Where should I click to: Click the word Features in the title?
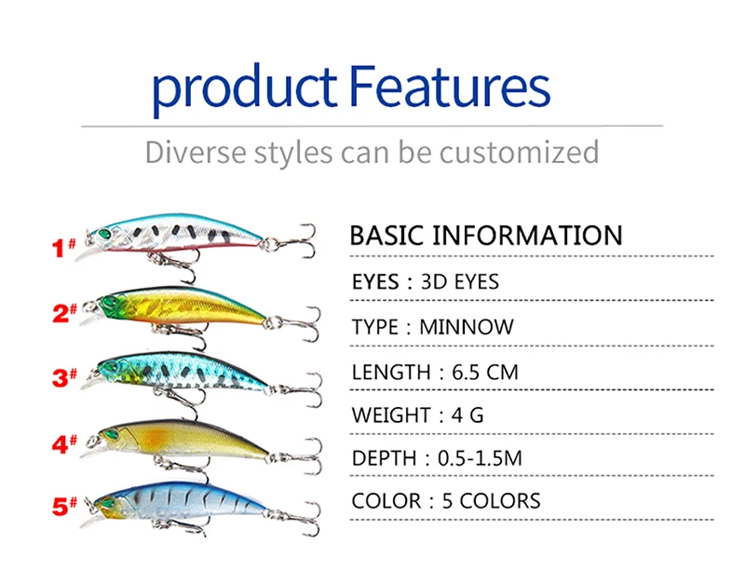pos(450,86)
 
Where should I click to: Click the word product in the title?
pos(244,89)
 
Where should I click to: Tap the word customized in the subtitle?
pos(519,152)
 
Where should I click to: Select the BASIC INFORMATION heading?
pos(485,235)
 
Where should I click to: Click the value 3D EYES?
pos(459,281)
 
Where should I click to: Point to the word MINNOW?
pos(467,327)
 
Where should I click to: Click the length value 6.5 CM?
pos(484,372)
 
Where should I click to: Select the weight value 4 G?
pos(467,415)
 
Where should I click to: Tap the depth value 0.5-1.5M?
pos(480,458)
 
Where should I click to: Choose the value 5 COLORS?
pos(492,501)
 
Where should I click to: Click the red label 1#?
pos(64,248)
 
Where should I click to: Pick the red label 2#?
pos(64,313)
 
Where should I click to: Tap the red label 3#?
pos(64,377)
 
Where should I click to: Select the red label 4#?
pos(64,444)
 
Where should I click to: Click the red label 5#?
pos(64,507)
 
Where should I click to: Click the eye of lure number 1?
pos(103,234)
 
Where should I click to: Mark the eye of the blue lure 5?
pos(108,503)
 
